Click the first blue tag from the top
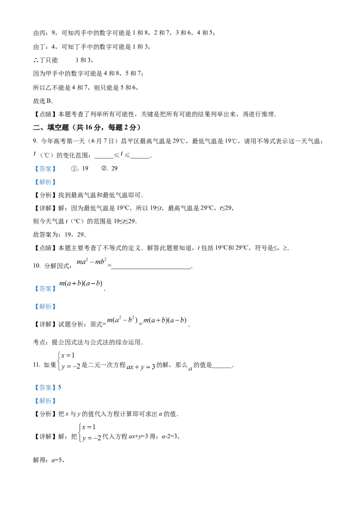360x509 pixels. (45, 169)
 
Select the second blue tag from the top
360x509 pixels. (45, 182)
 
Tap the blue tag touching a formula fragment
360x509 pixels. (45, 289)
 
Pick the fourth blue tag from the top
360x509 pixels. (45, 307)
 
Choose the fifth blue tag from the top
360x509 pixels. (45, 387)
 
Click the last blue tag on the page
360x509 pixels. (45, 401)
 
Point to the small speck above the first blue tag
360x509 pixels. (34, 156)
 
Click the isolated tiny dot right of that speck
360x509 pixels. (124, 153)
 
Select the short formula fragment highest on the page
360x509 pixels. (92, 261)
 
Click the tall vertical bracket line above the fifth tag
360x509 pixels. (59, 361)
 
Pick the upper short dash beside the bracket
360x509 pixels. (68, 355)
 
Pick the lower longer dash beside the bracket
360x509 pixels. (72, 365)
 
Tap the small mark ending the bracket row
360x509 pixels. (191, 371)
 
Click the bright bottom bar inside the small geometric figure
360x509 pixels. (90, 436)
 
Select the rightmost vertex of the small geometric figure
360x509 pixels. (103, 440)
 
